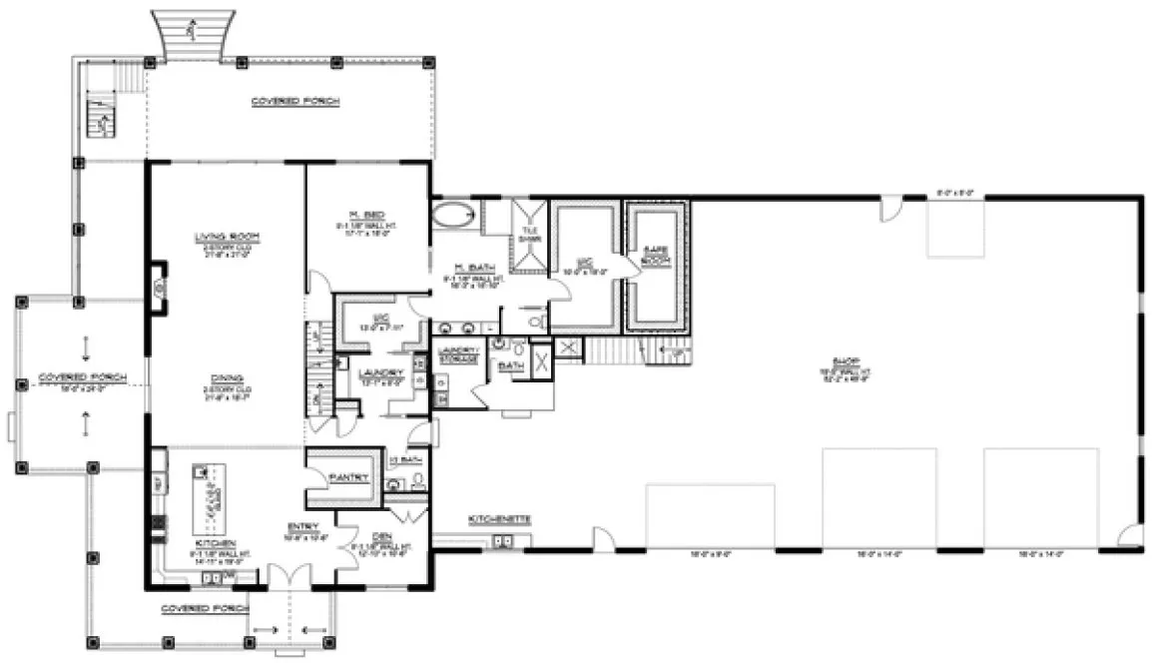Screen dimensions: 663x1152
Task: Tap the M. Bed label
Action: [x=360, y=215]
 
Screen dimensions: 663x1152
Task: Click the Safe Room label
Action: [x=655, y=253]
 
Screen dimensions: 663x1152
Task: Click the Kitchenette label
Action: [x=499, y=520]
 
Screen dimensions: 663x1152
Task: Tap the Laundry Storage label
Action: [x=455, y=352]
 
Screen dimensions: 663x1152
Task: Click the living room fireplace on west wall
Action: [x=159, y=288]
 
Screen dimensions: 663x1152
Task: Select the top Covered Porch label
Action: [x=294, y=102]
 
